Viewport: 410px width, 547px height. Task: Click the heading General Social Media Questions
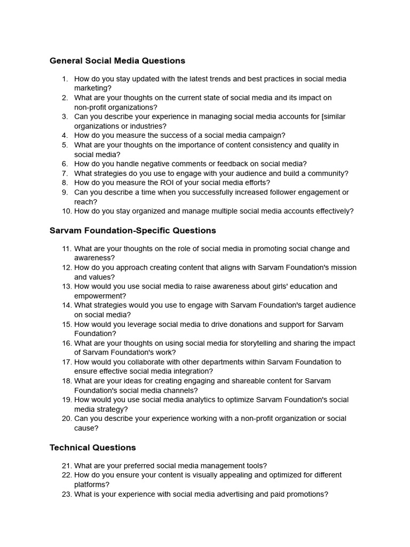117,61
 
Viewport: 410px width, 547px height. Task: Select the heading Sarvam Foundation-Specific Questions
133,231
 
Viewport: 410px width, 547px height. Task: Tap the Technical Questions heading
93,448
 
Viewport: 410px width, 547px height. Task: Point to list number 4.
65,136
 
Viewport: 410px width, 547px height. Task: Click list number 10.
66,211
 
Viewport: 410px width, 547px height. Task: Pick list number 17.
66,362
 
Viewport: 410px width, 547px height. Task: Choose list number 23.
66,495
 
